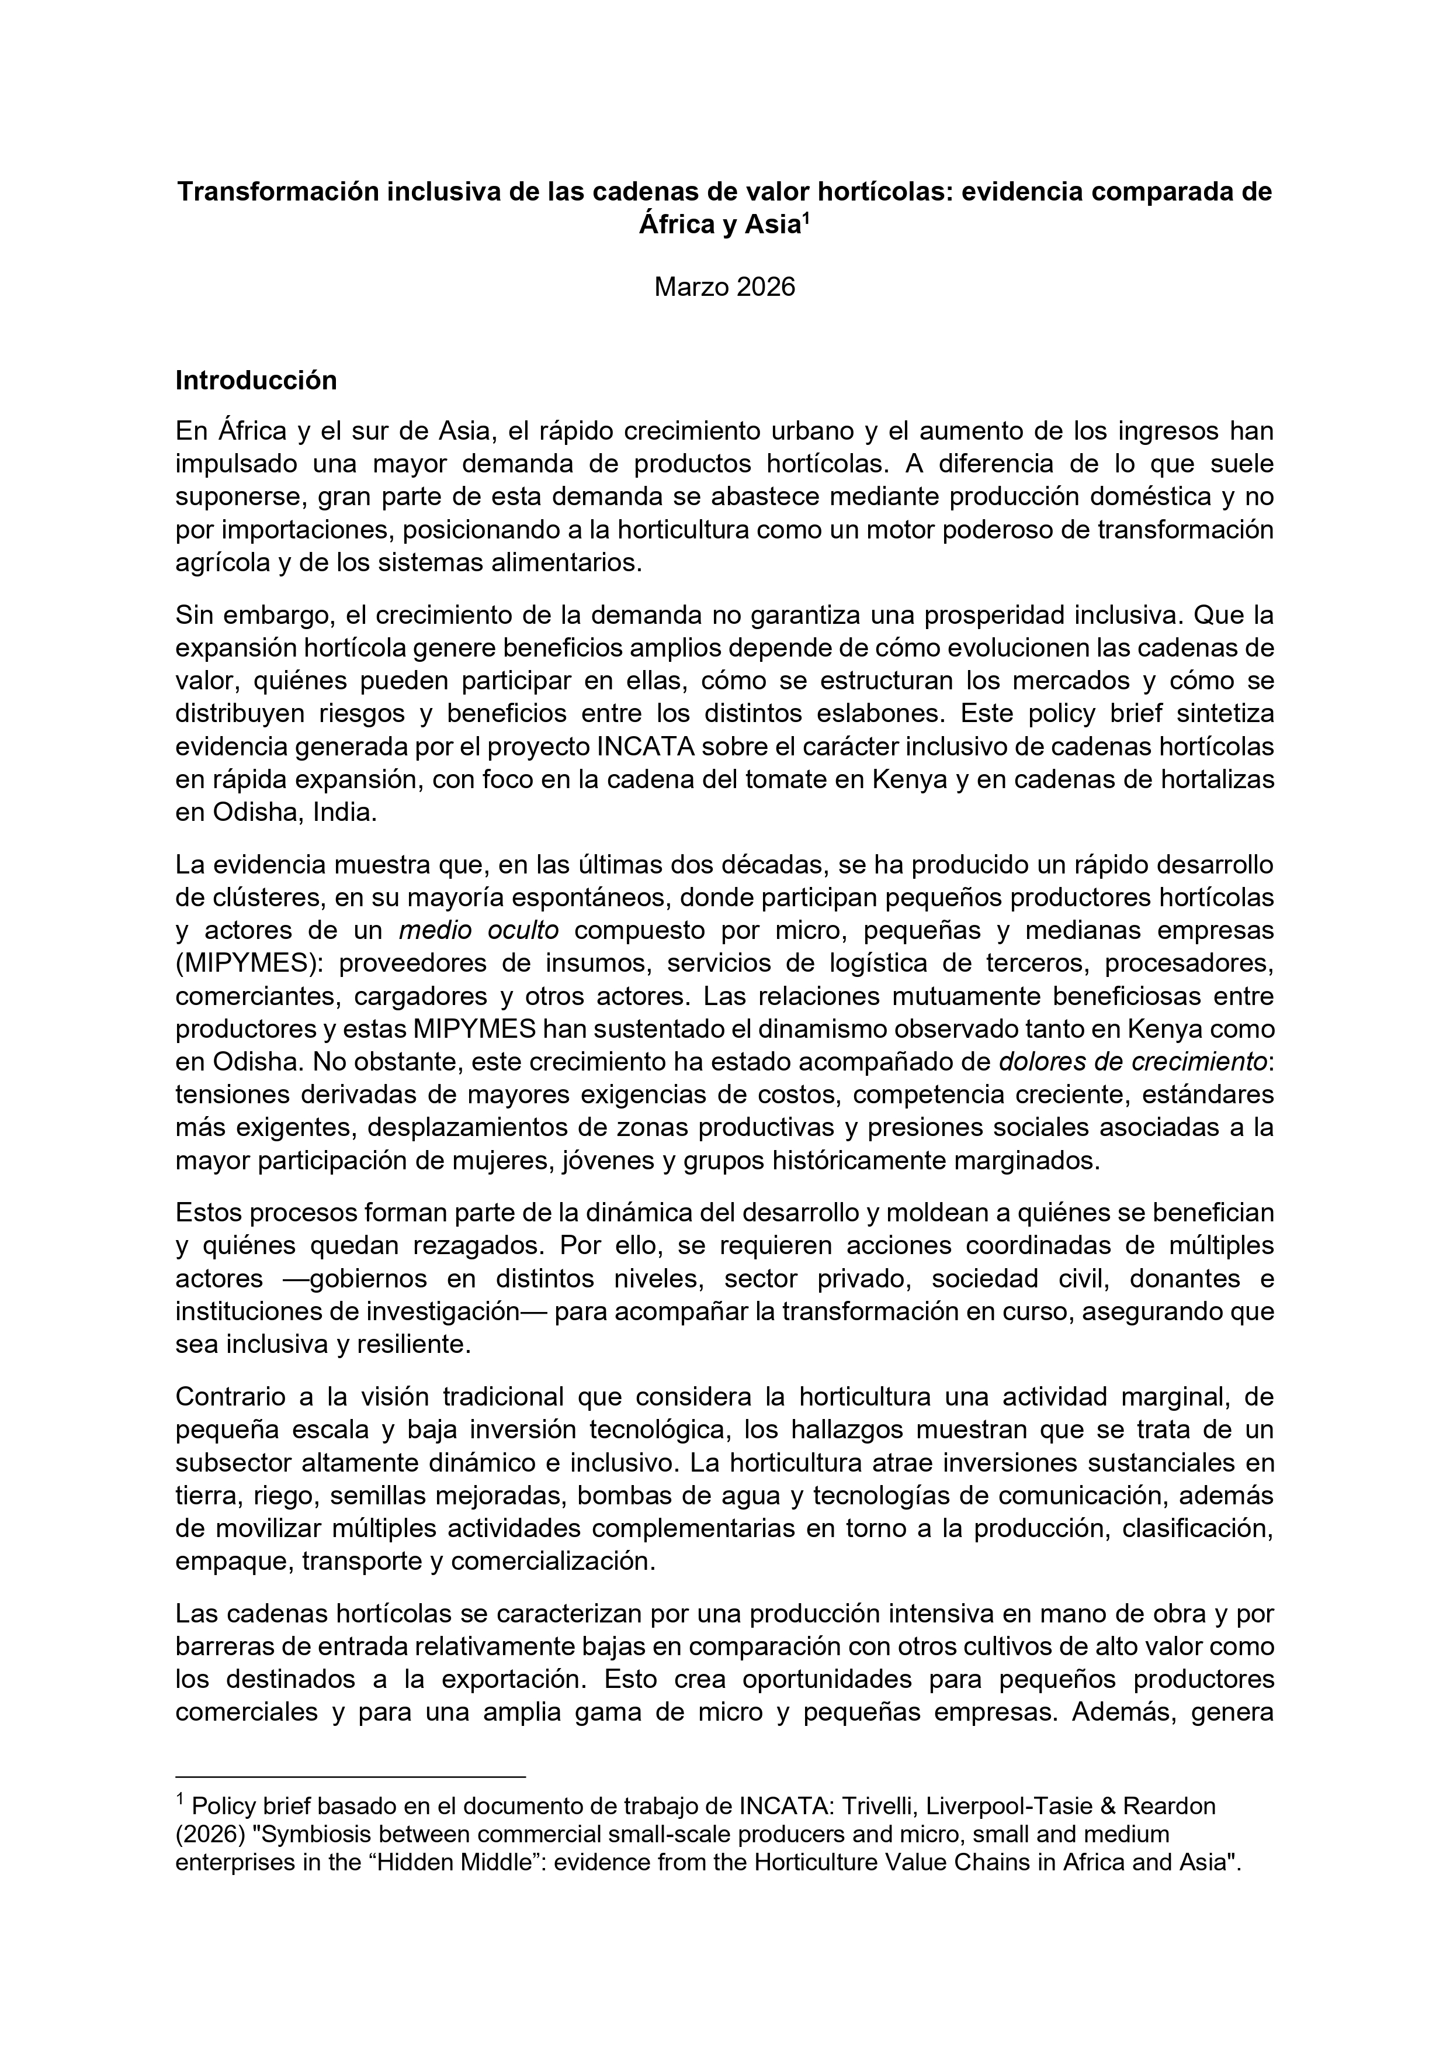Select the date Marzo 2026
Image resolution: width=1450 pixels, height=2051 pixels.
(724, 288)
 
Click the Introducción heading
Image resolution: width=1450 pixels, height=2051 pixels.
(256, 381)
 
